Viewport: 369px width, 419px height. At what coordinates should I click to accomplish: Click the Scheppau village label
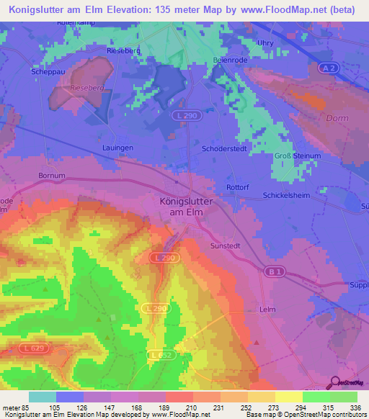[48, 72]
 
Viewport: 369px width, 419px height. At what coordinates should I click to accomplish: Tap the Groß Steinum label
[297, 156]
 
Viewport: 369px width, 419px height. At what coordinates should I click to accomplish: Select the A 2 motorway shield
[329, 67]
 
